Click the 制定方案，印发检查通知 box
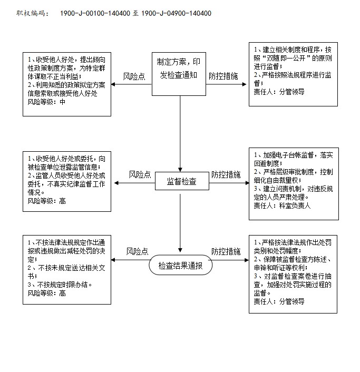(x=179, y=74)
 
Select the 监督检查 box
(x=182, y=181)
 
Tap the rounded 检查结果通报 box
(x=180, y=265)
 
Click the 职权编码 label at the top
(x=33, y=13)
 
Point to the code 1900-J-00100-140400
(x=95, y=13)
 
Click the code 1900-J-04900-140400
(x=176, y=13)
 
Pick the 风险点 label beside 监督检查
(x=140, y=174)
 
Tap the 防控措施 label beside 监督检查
(x=226, y=174)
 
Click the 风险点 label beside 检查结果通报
(x=137, y=251)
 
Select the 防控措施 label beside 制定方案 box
(x=223, y=76)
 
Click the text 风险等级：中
(x=46, y=102)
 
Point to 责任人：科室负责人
(x=282, y=205)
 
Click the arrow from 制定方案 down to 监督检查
(x=180, y=133)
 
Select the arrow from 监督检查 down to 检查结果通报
(x=180, y=223)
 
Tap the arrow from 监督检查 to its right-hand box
(x=229, y=183)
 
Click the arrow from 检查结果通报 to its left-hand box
(x=130, y=260)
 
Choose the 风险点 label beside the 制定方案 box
(x=134, y=76)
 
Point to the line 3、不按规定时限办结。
(x=60, y=285)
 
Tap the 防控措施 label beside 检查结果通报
(x=226, y=251)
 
